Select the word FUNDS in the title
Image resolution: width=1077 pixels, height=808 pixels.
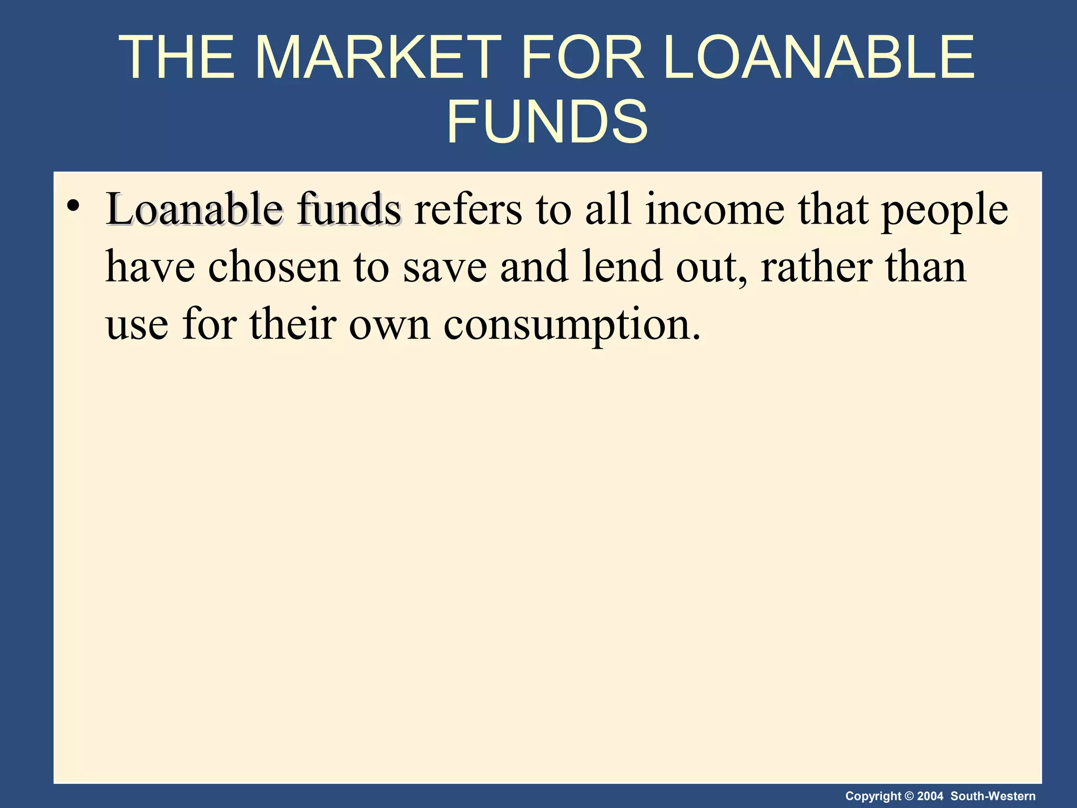[547, 122]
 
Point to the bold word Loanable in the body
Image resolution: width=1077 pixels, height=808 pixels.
[194, 210]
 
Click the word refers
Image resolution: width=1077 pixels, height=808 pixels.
[468, 210]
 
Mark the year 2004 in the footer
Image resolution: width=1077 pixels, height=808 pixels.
[930, 796]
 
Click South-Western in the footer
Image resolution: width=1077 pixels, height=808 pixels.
[993, 796]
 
